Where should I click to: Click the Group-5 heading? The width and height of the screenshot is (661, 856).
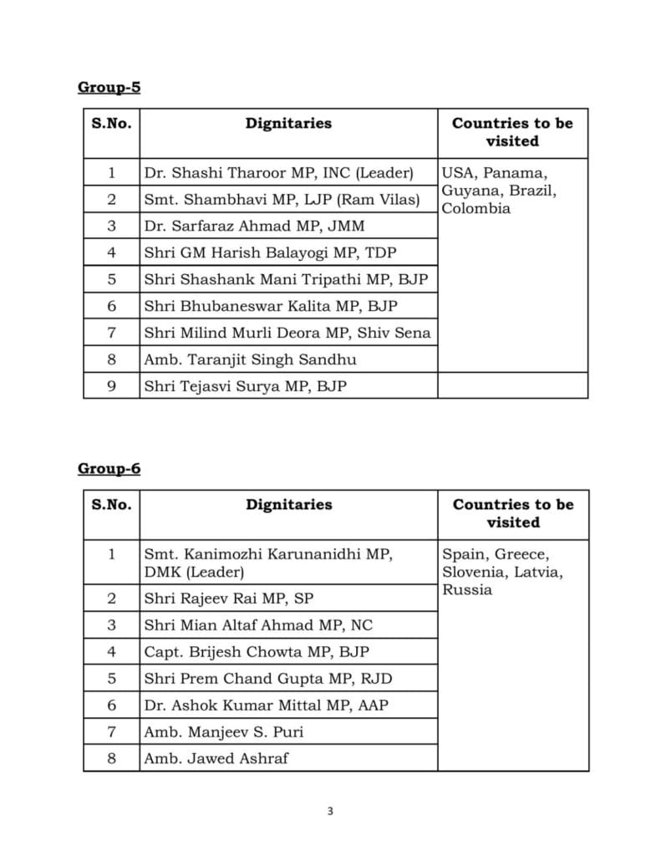pyautogui.click(x=109, y=88)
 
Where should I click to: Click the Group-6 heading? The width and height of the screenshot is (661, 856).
pyautogui.click(x=109, y=469)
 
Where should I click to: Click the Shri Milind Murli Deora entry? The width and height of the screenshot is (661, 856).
pyautogui.click(x=287, y=333)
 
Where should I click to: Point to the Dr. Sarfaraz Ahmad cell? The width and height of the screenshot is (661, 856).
pyautogui.click(x=254, y=227)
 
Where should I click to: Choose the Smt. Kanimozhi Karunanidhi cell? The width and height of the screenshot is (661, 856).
pyautogui.click(x=268, y=563)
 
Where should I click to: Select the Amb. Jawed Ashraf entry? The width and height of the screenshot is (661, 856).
pyautogui.click(x=217, y=759)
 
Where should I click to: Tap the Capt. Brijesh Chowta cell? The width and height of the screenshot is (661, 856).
pyautogui.click(x=257, y=651)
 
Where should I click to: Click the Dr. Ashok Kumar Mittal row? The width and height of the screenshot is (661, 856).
pyautogui.click(x=266, y=705)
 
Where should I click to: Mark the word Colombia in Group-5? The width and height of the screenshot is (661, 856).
pyautogui.click(x=475, y=208)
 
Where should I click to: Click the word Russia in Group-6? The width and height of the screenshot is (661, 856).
pyautogui.click(x=467, y=590)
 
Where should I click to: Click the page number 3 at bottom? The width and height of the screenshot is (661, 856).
pyautogui.click(x=330, y=810)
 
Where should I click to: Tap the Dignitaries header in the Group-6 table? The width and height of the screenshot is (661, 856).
pyautogui.click(x=288, y=505)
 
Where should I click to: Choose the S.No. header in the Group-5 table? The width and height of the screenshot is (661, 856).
pyautogui.click(x=111, y=124)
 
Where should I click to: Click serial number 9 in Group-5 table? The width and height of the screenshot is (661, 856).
pyautogui.click(x=111, y=385)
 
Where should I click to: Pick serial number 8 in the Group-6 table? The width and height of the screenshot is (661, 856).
pyautogui.click(x=111, y=759)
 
